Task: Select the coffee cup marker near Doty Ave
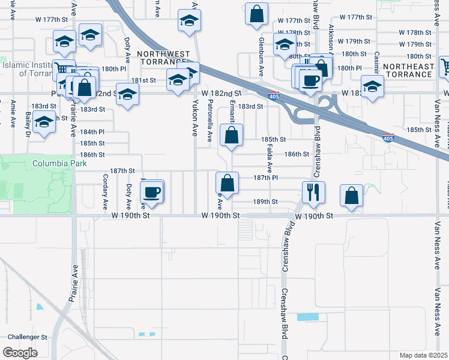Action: pos(152,192)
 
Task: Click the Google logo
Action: pos(20,353)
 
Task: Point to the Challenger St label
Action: pos(25,337)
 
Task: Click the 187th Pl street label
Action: pos(265,178)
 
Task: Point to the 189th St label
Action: pos(266,202)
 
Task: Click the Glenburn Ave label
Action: pos(262,56)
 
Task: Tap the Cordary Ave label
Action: pos(105,187)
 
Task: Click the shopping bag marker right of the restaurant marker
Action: pos(351,196)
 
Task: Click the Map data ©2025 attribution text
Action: pos(424,355)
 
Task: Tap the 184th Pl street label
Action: pos(92,131)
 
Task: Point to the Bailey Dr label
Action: pos(28,124)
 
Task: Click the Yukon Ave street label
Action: pos(194,117)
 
